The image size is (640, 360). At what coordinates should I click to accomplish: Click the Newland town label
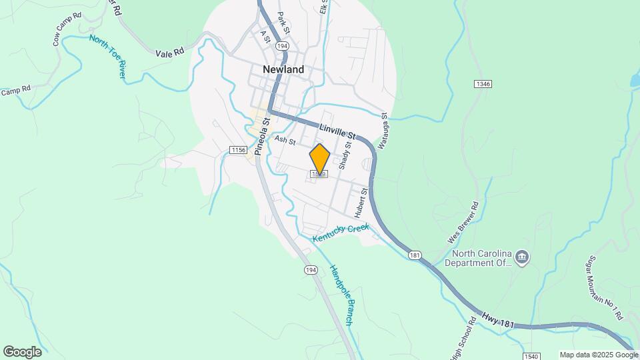(x=283, y=69)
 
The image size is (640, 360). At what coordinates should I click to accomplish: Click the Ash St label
(x=285, y=140)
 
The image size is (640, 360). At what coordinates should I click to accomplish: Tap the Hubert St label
(x=361, y=203)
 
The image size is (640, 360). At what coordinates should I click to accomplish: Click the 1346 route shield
(x=483, y=84)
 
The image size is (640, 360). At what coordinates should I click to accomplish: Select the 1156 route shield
(x=238, y=150)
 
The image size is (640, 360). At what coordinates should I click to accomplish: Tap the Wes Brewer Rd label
(x=463, y=223)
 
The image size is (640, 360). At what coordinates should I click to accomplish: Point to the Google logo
(x=22, y=351)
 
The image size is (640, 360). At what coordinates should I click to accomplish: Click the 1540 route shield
(x=531, y=356)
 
